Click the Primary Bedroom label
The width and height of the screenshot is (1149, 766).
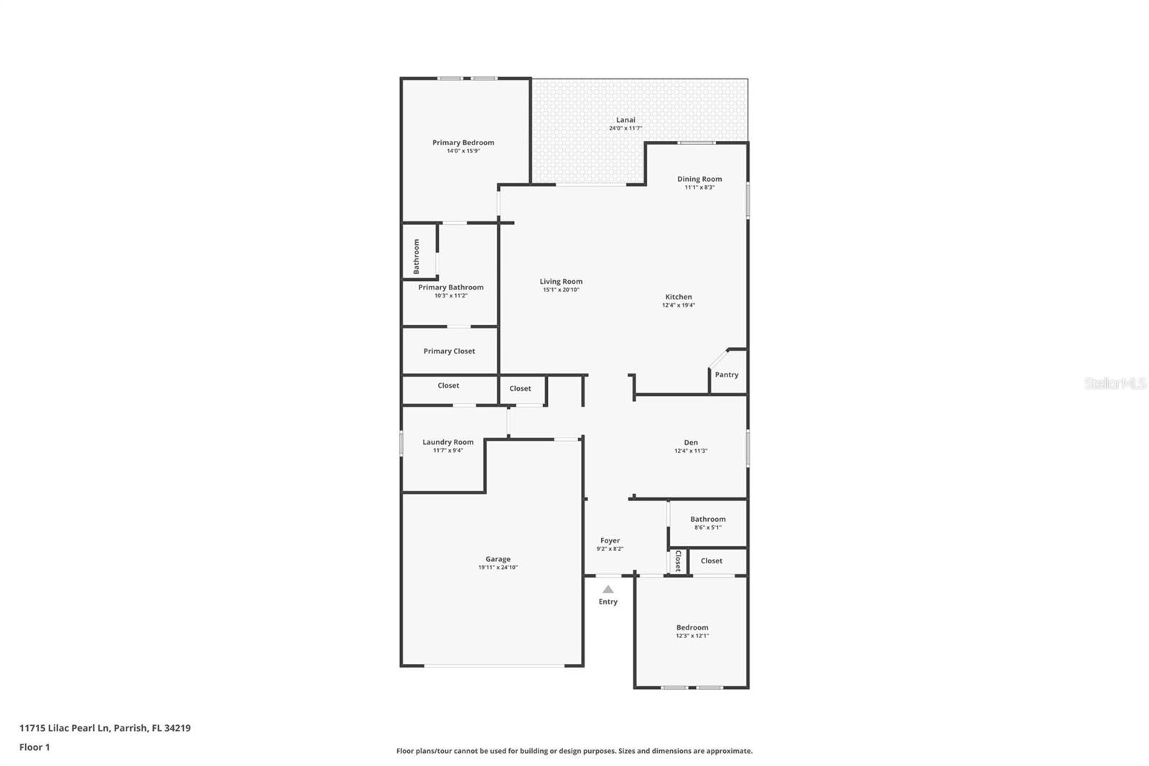pyautogui.click(x=463, y=142)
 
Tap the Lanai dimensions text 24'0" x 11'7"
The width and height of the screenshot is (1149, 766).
pyautogui.click(x=625, y=129)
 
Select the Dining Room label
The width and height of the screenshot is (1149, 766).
pyautogui.click(x=699, y=179)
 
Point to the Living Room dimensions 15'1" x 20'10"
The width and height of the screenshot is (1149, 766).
pyautogui.click(x=561, y=290)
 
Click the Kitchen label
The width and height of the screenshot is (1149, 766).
pyautogui.click(x=679, y=297)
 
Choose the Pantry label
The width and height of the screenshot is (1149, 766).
pyautogui.click(x=727, y=375)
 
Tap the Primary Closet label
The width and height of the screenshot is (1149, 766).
pyautogui.click(x=450, y=351)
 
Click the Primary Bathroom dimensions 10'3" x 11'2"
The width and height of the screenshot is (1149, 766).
pyautogui.click(x=451, y=296)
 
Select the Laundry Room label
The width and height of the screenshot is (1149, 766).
pyautogui.click(x=448, y=442)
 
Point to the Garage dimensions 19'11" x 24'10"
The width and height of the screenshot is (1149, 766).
pyautogui.click(x=498, y=567)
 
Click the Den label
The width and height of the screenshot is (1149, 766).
pyautogui.click(x=691, y=443)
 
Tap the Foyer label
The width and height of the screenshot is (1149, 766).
pyautogui.click(x=610, y=540)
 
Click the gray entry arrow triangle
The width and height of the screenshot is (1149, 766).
pyautogui.click(x=608, y=589)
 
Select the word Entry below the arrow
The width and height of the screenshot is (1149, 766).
pyautogui.click(x=608, y=601)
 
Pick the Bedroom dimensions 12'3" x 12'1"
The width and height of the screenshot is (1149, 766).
pyautogui.click(x=692, y=636)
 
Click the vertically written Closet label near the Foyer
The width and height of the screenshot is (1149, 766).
pyautogui.click(x=678, y=560)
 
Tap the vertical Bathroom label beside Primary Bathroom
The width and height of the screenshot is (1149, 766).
pyautogui.click(x=417, y=257)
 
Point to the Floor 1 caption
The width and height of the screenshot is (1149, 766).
pyautogui.click(x=34, y=747)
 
